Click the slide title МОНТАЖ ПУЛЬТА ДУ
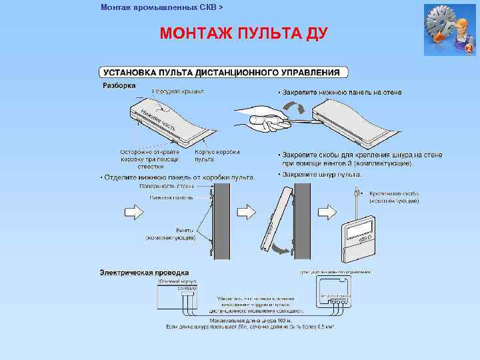pyautogui.click(x=243, y=33)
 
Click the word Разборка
pyautogui.click(x=119, y=85)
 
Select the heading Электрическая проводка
pyautogui.click(x=144, y=273)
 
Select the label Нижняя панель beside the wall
pyautogui.click(x=171, y=197)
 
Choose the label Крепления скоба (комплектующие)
pyautogui.click(x=394, y=197)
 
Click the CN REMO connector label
pyautogui.click(x=183, y=288)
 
